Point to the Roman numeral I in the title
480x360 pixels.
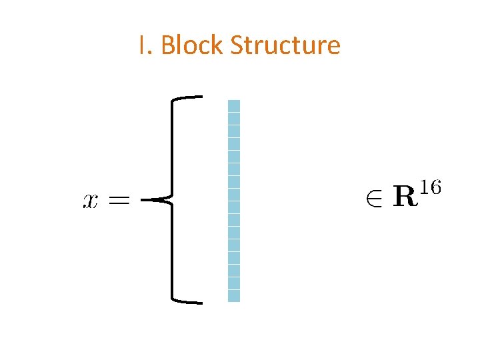pyautogui.click(x=142, y=45)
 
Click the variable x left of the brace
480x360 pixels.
pyautogui.click(x=91, y=200)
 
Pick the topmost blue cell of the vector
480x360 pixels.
pyautogui.click(x=233, y=105)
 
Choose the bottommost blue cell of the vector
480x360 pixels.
pyautogui.click(x=233, y=296)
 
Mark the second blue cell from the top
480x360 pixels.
pyautogui.click(x=233, y=118)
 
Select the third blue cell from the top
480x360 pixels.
pyautogui.click(x=233, y=131)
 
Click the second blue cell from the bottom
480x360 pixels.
pyautogui.click(x=233, y=283)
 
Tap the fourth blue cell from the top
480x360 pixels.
pyautogui.click(x=233, y=143)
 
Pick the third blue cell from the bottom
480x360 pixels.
pyautogui.click(x=233, y=271)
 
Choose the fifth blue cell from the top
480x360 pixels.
pyautogui.click(x=233, y=156)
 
